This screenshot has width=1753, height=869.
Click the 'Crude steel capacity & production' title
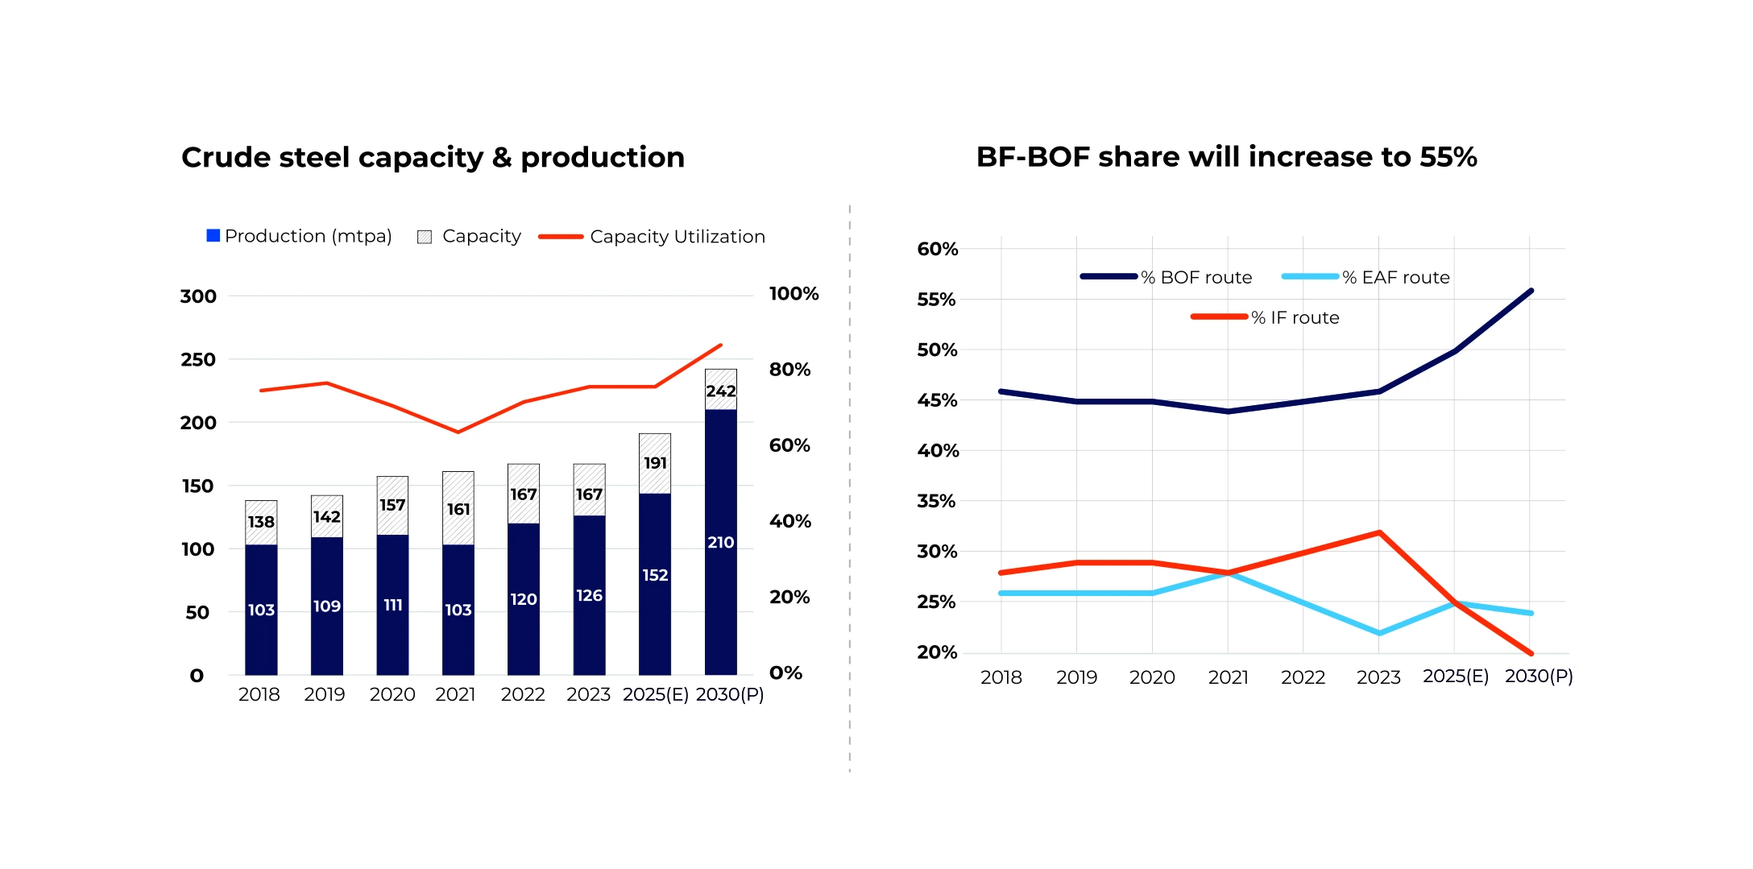pos(433,157)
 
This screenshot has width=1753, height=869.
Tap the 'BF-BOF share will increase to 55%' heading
pos(1226,156)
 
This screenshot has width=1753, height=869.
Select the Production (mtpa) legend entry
pos(299,236)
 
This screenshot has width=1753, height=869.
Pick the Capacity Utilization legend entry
pos(652,237)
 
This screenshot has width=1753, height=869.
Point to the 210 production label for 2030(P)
pos(720,543)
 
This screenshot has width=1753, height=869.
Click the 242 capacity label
pos(720,391)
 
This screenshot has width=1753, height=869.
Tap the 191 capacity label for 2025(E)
pos(655,463)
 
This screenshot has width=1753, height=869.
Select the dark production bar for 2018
pos(261,610)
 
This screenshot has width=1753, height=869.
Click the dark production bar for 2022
pos(524,599)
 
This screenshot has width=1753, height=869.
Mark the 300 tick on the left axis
pos(198,296)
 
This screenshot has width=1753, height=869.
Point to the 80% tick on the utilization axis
pos(789,370)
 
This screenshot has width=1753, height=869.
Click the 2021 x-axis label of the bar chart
pos(455,694)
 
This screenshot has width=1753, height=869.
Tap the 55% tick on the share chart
pos(936,300)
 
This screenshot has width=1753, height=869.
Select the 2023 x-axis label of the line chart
pos(1378,677)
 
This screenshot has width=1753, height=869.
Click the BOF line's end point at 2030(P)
pos(1531,291)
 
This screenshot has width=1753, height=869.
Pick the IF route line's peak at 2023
pos(1379,532)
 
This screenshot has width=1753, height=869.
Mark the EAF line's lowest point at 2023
pos(1379,633)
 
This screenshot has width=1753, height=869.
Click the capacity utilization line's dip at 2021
pos(458,432)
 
